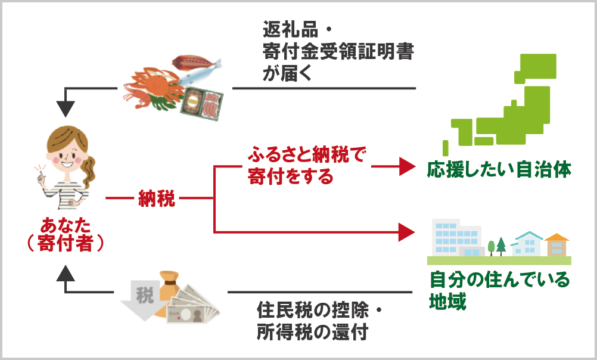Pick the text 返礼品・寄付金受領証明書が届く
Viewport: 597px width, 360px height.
338,51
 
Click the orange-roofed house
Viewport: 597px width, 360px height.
557,244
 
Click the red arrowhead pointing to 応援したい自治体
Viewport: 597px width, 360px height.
406,166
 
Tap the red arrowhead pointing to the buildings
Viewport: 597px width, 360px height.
406,231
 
